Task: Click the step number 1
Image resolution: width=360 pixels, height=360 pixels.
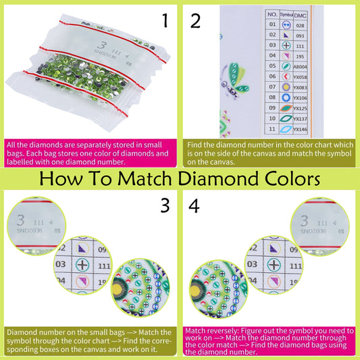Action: tap(164, 21)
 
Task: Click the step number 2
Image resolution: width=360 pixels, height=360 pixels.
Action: tap(196, 21)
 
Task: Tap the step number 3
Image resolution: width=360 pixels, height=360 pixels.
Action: tap(164, 205)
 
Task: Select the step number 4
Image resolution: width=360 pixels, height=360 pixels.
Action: tap(196, 205)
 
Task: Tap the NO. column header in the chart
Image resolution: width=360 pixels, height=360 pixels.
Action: tap(272, 14)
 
